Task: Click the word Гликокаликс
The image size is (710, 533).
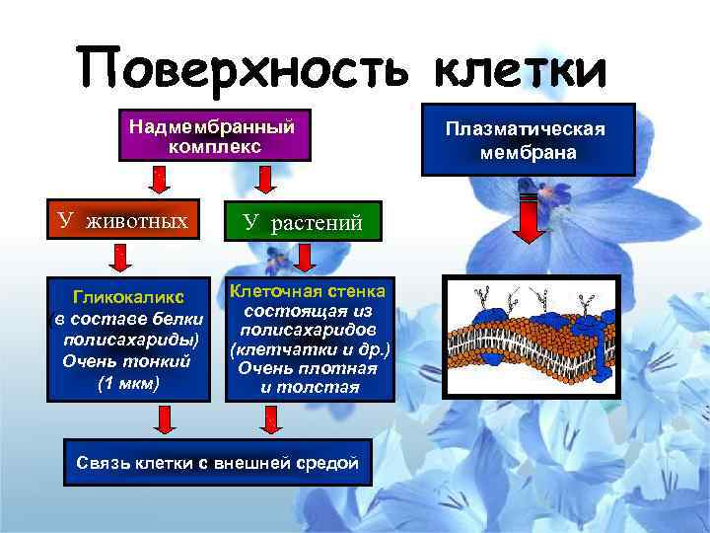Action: [x=129, y=296]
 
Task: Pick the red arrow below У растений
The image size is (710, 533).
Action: [x=304, y=258]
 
